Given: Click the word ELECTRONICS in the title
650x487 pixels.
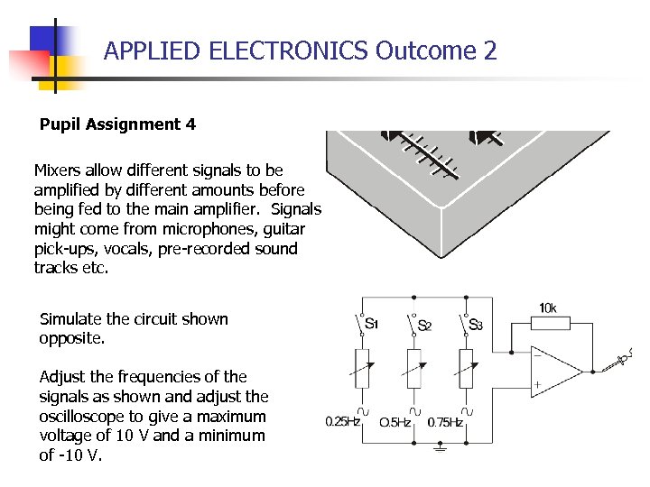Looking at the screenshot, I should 288,51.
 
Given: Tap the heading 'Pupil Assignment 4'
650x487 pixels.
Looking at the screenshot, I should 117,124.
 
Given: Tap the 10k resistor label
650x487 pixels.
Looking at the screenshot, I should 548,308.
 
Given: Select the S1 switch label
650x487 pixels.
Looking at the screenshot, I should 370,323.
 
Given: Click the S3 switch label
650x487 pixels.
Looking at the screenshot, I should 475,324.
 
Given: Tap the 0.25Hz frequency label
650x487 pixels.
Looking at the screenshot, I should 343,422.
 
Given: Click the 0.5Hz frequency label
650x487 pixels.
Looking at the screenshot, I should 395,422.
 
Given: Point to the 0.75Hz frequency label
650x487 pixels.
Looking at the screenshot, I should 445,422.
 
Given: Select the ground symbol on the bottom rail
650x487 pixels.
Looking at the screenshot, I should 440,447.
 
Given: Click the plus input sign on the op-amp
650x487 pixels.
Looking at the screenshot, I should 538,385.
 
